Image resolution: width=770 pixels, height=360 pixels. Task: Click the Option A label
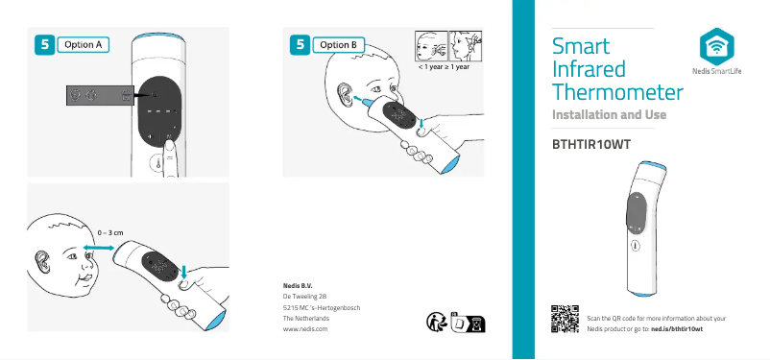(x=83, y=43)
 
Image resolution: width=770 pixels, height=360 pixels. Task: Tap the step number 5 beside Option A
(x=43, y=43)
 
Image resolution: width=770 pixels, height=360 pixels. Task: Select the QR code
(x=565, y=321)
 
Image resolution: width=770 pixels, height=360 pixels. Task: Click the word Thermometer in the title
(x=618, y=92)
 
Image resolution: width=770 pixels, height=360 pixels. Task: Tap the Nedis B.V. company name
(x=299, y=286)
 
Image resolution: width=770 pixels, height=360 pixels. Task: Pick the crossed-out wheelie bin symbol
(x=472, y=324)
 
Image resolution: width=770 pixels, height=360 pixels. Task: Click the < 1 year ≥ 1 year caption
(x=444, y=68)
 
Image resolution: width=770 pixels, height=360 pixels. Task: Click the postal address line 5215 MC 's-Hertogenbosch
(x=322, y=307)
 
